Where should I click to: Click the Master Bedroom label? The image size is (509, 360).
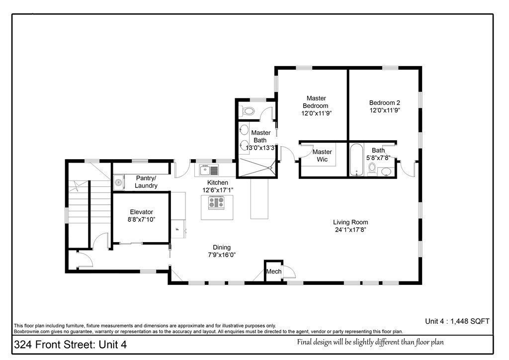[x=316, y=102]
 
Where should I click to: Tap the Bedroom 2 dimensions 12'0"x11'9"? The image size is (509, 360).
[x=385, y=110]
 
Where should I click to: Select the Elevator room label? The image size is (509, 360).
[x=142, y=212]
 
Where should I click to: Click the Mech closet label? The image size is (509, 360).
[x=274, y=271]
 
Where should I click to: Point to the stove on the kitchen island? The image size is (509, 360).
[x=216, y=203]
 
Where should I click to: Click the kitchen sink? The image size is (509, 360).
[x=209, y=170]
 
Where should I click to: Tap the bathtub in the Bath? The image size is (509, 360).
[x=357, y=160]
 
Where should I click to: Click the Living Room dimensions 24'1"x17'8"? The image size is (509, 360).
[x=350, y=230]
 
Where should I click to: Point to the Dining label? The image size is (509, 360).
[x=222, y=247]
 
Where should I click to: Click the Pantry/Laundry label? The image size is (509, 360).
[x=146, y=182]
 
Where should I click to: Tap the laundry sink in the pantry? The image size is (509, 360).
[x=119, y=182]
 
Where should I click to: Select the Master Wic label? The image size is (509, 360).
[x=322, y=156]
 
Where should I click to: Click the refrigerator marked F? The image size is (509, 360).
[x=178, y=229]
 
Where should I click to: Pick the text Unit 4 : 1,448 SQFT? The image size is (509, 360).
[x=457, y=321]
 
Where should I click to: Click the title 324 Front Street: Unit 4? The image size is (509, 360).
[x=70, y=345]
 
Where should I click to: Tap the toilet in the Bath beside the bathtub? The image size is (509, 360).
[x=372, y=169]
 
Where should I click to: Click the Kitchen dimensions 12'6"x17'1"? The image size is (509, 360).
[x=218, y=190]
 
